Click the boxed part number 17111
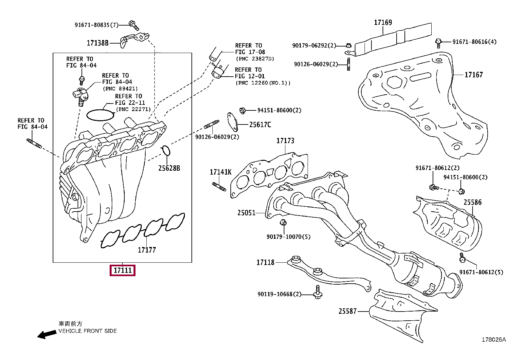tap(122, 270)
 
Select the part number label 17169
tap(383, 22)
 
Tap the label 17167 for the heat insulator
tap(474, 75)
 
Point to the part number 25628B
tap(169, 168)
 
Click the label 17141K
tap(221, 172)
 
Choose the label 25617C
tap(260, 125)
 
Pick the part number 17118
tap(265, 262)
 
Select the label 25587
tap(348, 311)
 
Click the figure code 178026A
tap(494, 340)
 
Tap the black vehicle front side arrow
tap(47, 334)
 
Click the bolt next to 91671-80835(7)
tap(134, 25)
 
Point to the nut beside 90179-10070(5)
tap(283, 222)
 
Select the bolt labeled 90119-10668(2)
tap(318, 292)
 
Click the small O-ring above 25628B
tap(166, 151)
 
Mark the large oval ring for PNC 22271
tap(100, 115)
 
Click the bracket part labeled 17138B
tap(134, 40)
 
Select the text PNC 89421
tap(120, 89)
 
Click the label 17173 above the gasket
tap(285, 141)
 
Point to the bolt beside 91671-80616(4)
tap(438, 43)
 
